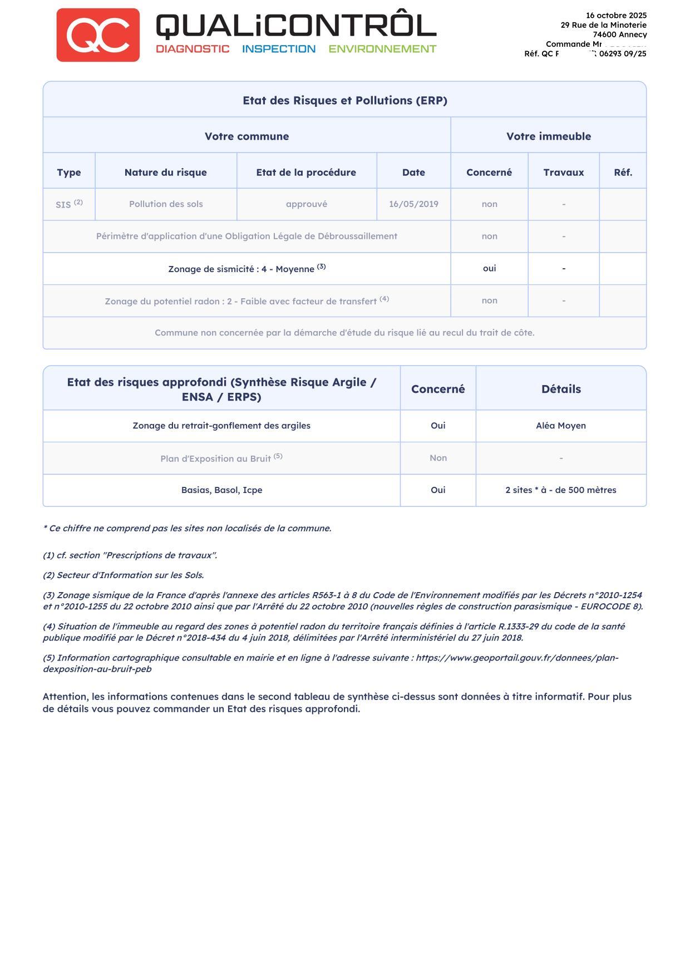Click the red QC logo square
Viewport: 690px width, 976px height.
pyautogui.click(x=98, y=35)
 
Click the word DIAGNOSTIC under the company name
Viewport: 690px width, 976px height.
pyautogui.click(x=193, y=49)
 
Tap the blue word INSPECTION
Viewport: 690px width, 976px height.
pyautogui.click(x=279, y=49)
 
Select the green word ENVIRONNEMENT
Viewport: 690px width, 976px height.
pyautogui.click(x=382, y=49)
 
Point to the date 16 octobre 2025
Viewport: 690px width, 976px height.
pyautogui.click(x=616, y=16)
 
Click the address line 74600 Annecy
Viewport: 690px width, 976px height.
pyautogui.click(x=619, y=34)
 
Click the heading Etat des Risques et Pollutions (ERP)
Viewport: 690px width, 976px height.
pyautogui.click(x=345, y=101)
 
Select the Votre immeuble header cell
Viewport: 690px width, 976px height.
pyautogui.click(x=548, y=136)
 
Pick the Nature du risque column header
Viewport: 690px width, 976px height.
pyautogui.click(x=166, y=172)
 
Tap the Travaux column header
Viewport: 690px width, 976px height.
pyautogui.click(x=564, y=172)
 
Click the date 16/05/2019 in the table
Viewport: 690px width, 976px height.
pyautogui.click(x=413, y=204)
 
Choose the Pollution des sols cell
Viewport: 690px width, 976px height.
pyautogui.click(x=166, y=204)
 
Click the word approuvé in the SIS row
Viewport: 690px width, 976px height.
pyautogui.click(x=307, y=204)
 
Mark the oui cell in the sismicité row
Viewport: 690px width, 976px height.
pyautogui.click(x=489, y=269)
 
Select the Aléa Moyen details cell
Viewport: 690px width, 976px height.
pyautogui.click(x=561, y=426)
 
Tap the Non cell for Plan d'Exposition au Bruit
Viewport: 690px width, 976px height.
pyautogui.click(x=438, y=458)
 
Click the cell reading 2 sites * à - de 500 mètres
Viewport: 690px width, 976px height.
pyautogui.click(x=561, y=490)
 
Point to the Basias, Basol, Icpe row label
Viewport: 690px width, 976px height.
pyautogui.click(x=221, y=490)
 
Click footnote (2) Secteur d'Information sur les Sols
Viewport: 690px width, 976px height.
pyautogui.click(x=124, y=575)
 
